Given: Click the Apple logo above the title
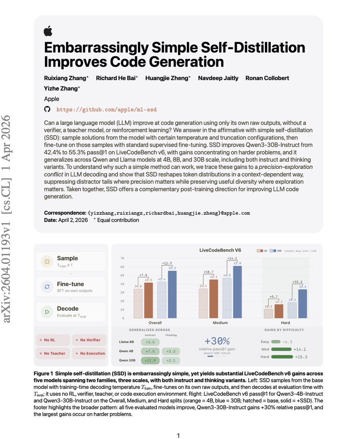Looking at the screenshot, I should click(48, 31).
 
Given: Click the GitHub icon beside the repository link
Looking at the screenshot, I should click(47, 109).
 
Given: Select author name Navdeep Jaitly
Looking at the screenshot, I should click(218, 78).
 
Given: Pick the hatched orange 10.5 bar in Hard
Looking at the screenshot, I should click(268, 313).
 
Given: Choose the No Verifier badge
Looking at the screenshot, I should click(89, 340).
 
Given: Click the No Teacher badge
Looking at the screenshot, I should click(52, 353).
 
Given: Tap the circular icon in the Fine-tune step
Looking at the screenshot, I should click(47, 287).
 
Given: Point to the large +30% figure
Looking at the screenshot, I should click(217, 341).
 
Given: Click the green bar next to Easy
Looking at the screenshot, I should click(275, 342).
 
